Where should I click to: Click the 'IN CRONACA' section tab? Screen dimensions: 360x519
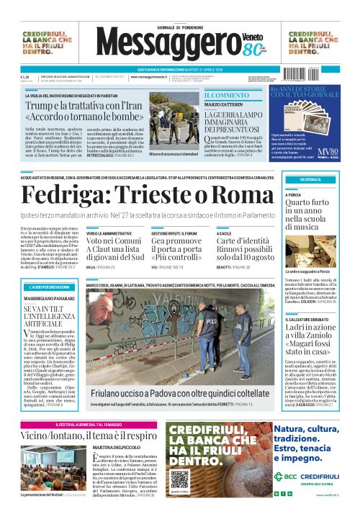(311, 179)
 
